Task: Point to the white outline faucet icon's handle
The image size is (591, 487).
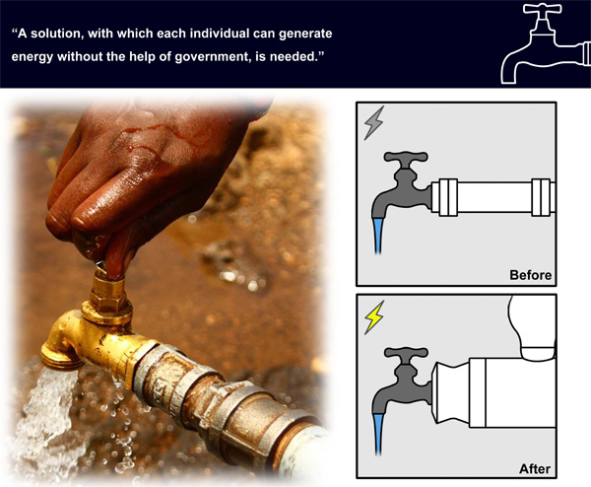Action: click(x=543, y=8)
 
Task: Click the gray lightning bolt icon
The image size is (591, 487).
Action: click(x=374, y=122)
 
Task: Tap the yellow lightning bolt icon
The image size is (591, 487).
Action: click(x=374, y=317)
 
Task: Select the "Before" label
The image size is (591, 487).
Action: click(x=530, y=275)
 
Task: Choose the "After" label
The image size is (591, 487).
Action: click(x=535, y=469)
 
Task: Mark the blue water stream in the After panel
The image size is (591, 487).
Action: click(x=378, y=434)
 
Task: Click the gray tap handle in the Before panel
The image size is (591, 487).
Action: click(x=406, y=157)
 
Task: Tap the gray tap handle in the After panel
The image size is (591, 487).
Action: click(x=406, y=352)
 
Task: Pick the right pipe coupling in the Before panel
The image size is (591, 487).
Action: click(x=541, y=197)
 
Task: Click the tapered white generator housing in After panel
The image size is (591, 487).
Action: click(x=451, y=392)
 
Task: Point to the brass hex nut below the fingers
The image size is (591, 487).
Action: click(x=108, y=292)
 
